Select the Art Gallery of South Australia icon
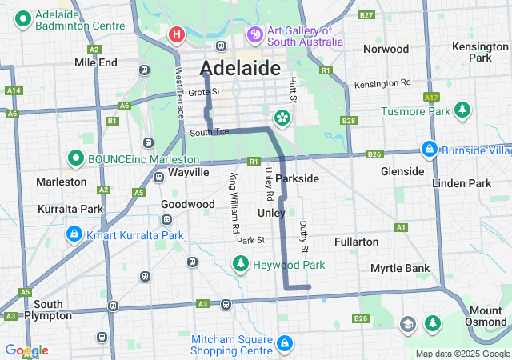point(255,34)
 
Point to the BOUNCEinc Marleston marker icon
point(76,158)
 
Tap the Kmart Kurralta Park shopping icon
point(74,234)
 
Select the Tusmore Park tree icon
point(461,110)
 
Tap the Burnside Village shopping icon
point(430,150)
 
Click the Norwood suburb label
point(386,49)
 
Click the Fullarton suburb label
point(357,241)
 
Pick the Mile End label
point(95,62)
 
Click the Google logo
point(26,350)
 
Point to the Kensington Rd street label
point(382,83)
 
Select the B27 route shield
point(366,15)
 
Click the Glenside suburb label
point(402,171)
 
